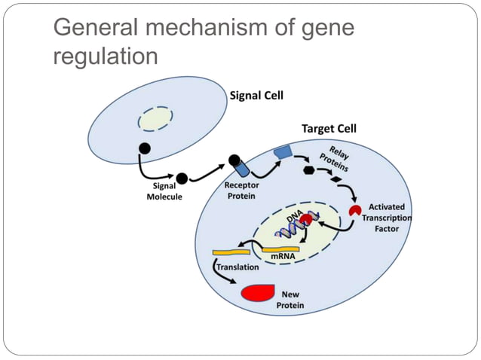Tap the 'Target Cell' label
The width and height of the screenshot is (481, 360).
click(329, 129)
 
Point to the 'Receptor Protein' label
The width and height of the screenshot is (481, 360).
click(240, 191)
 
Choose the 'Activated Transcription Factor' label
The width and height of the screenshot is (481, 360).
click(386, 217)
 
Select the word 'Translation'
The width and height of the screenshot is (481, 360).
click(238, 267)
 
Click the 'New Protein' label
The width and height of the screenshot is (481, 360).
click(291, 299)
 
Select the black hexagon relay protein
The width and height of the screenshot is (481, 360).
click(308, 171)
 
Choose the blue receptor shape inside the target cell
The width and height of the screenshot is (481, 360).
click(283, 152)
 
